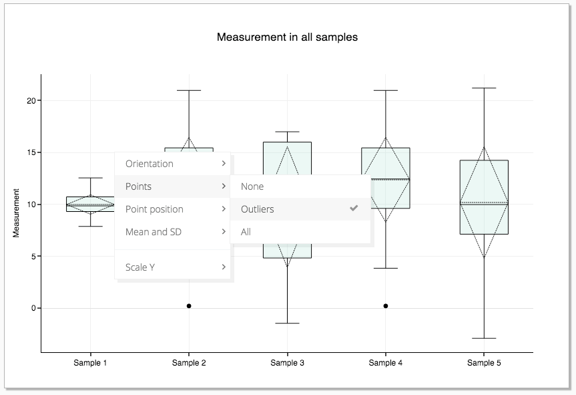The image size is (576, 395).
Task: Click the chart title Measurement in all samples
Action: tap(287, 37)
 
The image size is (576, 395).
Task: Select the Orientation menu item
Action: tap(150, 164)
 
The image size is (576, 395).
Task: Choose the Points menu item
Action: tap(139, 186)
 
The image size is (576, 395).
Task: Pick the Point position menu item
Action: tap(154, 209)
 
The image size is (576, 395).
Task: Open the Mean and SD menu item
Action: tap(153, 232)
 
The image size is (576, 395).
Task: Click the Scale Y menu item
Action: tap(140, 267)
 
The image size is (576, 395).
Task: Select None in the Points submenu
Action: tap(252, 186)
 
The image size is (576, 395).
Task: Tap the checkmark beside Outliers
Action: tap(354, 209)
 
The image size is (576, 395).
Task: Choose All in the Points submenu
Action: tap(246, 232)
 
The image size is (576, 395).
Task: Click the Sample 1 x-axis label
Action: tap(91, 363)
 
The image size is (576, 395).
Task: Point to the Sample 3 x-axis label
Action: tap(288, 363)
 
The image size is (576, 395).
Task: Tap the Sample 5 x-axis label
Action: tap(484, 363)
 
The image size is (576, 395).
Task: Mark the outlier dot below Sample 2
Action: tap(189, 306)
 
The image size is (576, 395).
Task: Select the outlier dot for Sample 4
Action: tap(386, 306)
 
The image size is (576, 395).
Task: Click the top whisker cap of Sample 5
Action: tap(484, 88)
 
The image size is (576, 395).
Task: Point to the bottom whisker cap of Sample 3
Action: tap(287, 323)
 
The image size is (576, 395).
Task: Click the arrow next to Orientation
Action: tap(223, 164)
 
